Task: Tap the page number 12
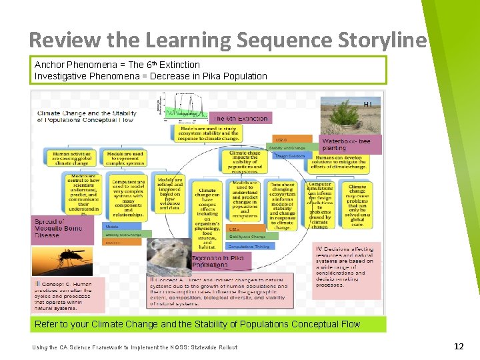click(458, 346)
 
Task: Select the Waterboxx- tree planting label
click(350, 144)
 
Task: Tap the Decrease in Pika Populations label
click(219, 261)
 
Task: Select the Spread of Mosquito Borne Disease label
click(59, 228)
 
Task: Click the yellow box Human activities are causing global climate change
click(70, 157)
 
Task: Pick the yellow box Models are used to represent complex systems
click(125, 157)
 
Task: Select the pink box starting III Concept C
click(69, 295)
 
